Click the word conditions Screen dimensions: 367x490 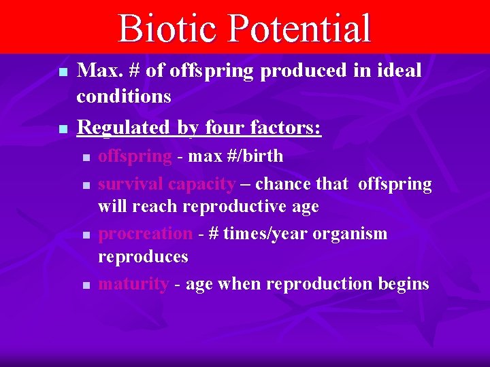pyautogui.click(x=124, y=97)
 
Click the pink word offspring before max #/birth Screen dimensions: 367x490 pyautogui.click(x=135, y=156)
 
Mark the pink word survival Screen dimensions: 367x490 pyautogui.click(x=131, y=184)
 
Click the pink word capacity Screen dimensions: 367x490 pyautogui.click(x=201, y=184)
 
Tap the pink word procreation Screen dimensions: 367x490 pyautogui.click(x=146, y=234)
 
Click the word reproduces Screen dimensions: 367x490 pyautogui.click(x=143, y=257)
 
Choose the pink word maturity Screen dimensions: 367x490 pyautogui.click(x=133, y=283)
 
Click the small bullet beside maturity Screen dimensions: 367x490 pyautogui.click(x=86, y=285)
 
